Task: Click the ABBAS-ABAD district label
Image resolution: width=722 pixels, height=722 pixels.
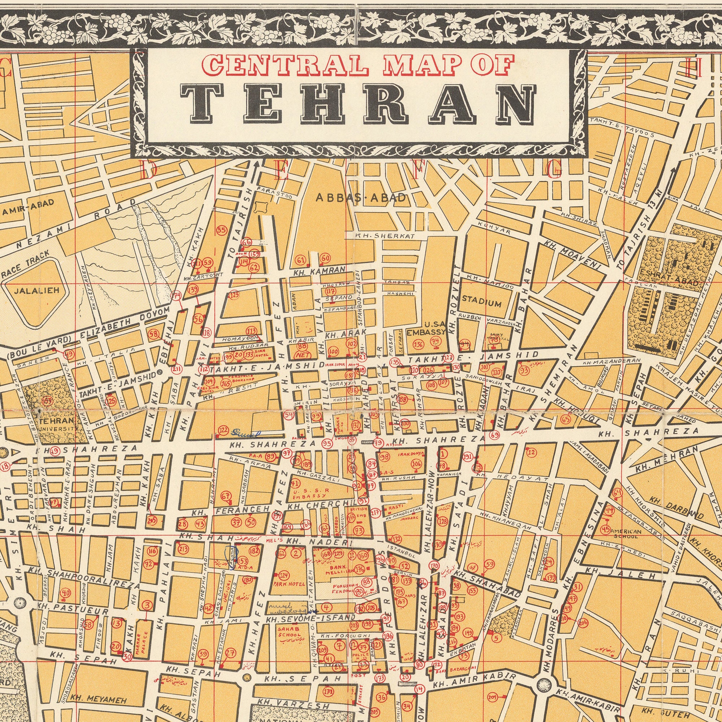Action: pyautogui.click(x=361, y=198)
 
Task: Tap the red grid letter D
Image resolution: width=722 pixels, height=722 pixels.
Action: pyautogui.click(x=149, y=170)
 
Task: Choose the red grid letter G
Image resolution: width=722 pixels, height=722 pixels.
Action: pyautogui.click(x=553, y=170)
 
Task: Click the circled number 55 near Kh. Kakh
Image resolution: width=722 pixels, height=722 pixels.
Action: pyautogui.click(x=222, y=230)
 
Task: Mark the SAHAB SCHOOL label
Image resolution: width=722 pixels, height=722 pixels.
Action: pyautogui.click(x=288, y=631)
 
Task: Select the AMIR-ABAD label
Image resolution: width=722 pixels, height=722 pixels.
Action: pyautogui.click(x=28, y=208)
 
